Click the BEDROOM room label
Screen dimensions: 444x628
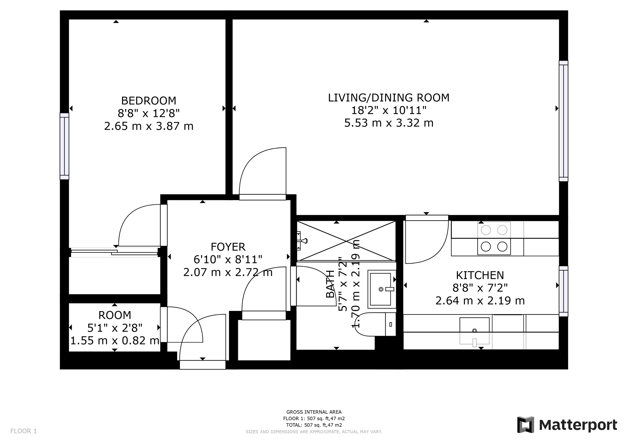[x=149, y=101]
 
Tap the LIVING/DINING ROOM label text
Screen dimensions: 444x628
[x=388, y=98]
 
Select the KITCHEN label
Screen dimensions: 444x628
[x=480, y=275]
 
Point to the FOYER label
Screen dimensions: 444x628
[x=228, y=247]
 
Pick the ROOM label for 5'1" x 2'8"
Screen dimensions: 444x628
[x=115, y=315]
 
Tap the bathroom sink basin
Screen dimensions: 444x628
[x=381, y=289]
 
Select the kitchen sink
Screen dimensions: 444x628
[x=474, y=331]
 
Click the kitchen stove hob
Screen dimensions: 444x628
[x=494, y=239]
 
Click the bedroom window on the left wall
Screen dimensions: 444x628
[x=65, y=146]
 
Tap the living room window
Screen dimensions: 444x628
[x=563, y=121]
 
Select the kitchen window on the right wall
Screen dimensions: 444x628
[x=563, y=291]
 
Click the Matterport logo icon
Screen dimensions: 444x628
[x=525, y=425]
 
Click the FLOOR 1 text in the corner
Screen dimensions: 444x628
[x=24, y=431]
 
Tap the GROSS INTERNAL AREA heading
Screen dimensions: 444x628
[x=314, y=412]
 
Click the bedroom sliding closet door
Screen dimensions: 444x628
[x=114, y=252]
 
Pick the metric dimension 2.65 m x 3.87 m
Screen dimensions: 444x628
[x=149, y=126]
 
